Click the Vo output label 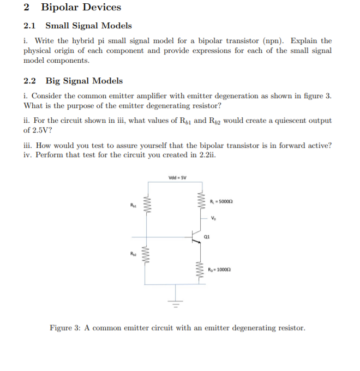[214, 218]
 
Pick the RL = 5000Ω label [222, 202]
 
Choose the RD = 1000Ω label [221, 270]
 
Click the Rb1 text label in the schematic [133, 205]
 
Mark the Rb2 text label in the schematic [133, 254]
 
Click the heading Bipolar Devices [81, 8]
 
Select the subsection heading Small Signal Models [88, 26]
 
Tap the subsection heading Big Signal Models [84, 81]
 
